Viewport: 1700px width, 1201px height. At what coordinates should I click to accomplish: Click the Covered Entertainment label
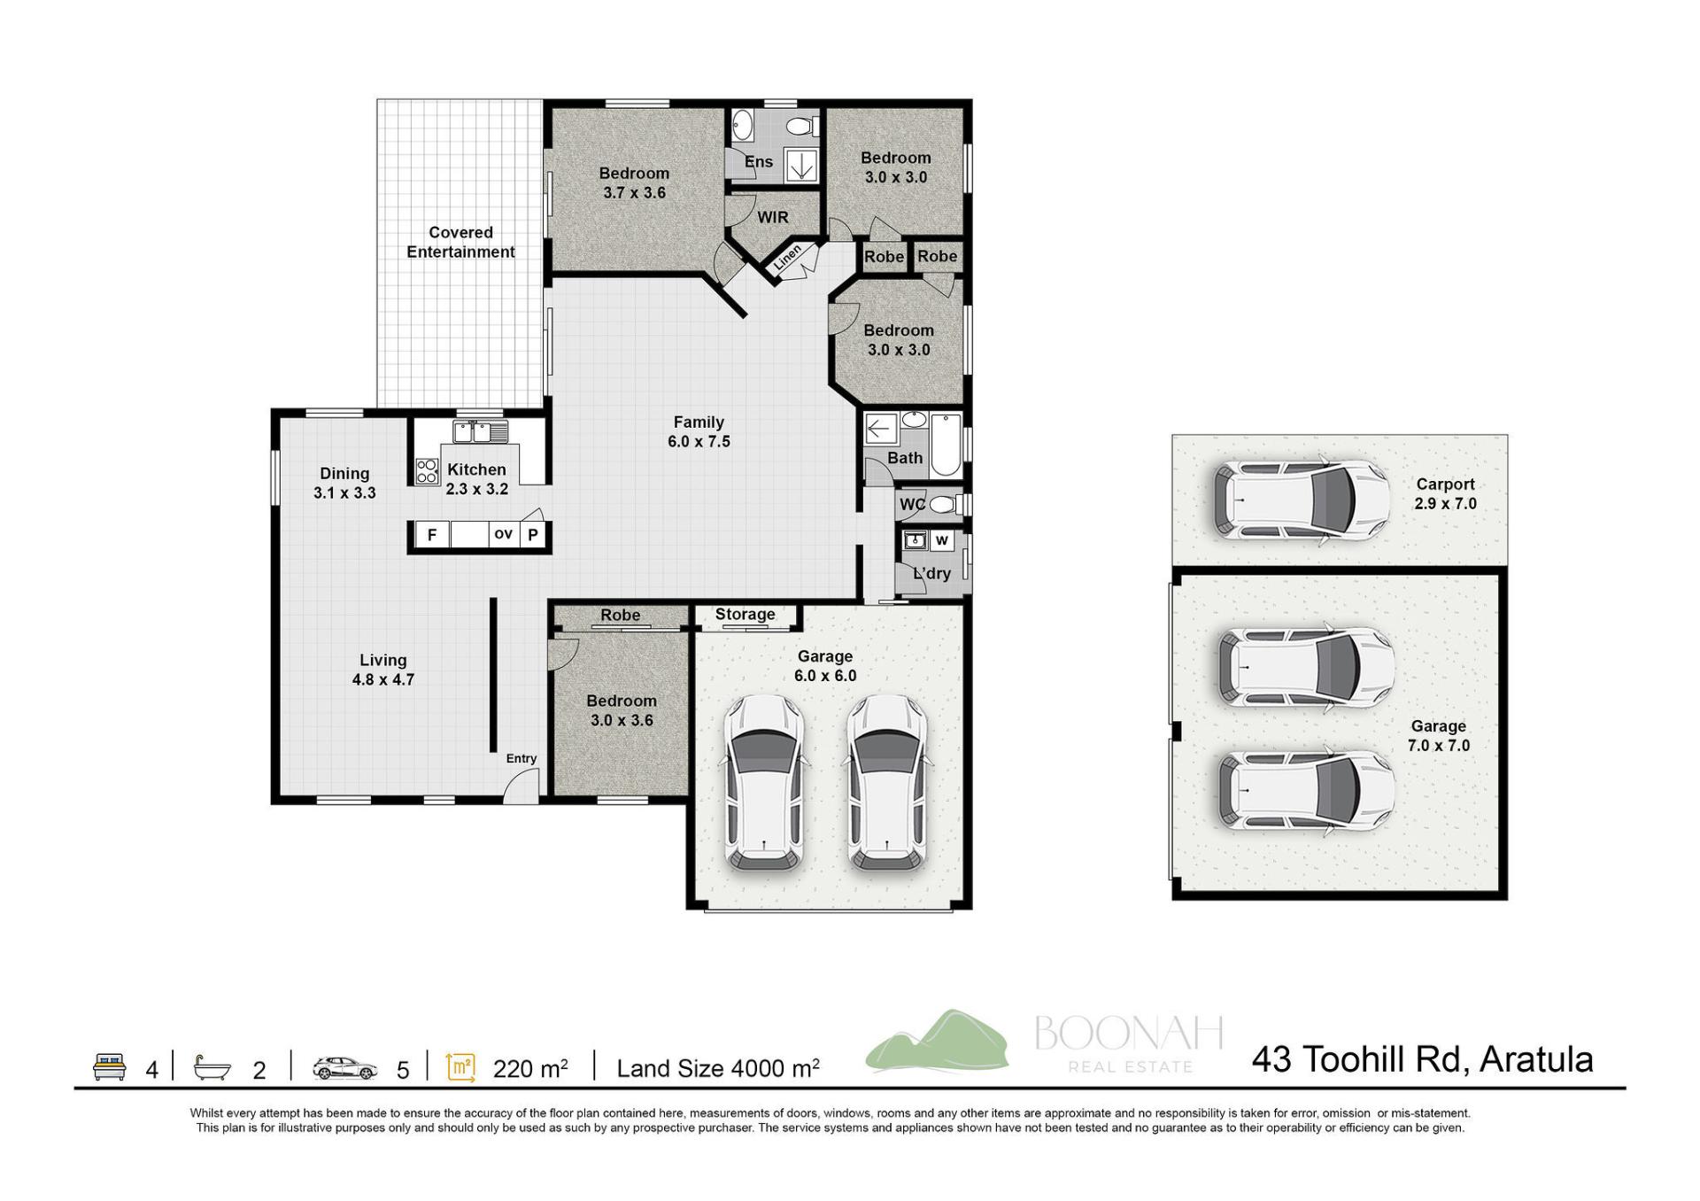(x=460, y=242)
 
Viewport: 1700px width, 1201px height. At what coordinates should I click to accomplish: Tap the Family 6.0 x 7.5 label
(x=699, y=431)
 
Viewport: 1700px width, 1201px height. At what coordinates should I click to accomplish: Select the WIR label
(x=772, y=217)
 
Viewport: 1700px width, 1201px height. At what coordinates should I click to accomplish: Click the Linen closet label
(x=787, y=257)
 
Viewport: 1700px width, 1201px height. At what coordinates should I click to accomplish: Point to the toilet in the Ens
(x=804, y=126)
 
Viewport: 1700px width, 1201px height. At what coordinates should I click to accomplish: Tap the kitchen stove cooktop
(x=427, y=470)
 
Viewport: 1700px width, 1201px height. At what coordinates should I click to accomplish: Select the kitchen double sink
(x=481, y=432)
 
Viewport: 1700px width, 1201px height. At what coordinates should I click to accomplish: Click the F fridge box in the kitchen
(x=432, y=534)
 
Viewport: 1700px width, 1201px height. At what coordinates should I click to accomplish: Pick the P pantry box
(x=533, y=534)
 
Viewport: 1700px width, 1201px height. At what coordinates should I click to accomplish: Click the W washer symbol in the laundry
(x=941, y=540)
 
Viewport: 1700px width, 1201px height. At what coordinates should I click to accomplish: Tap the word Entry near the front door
(x=522, y=758)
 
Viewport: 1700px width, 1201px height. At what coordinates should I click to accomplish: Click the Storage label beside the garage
(x=745, y=614)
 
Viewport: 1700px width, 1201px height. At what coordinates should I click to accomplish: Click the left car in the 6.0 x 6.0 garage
(x=765, y=782)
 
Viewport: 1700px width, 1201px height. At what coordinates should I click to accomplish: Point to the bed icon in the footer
(x=110, y=1066)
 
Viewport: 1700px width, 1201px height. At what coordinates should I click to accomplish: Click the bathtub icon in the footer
(x=212, y=1067)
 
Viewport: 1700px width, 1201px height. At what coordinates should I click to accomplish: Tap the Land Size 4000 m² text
(x=718, y=1068)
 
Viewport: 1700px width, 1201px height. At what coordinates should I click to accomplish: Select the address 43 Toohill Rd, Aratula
(x=1422, y=1059)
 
